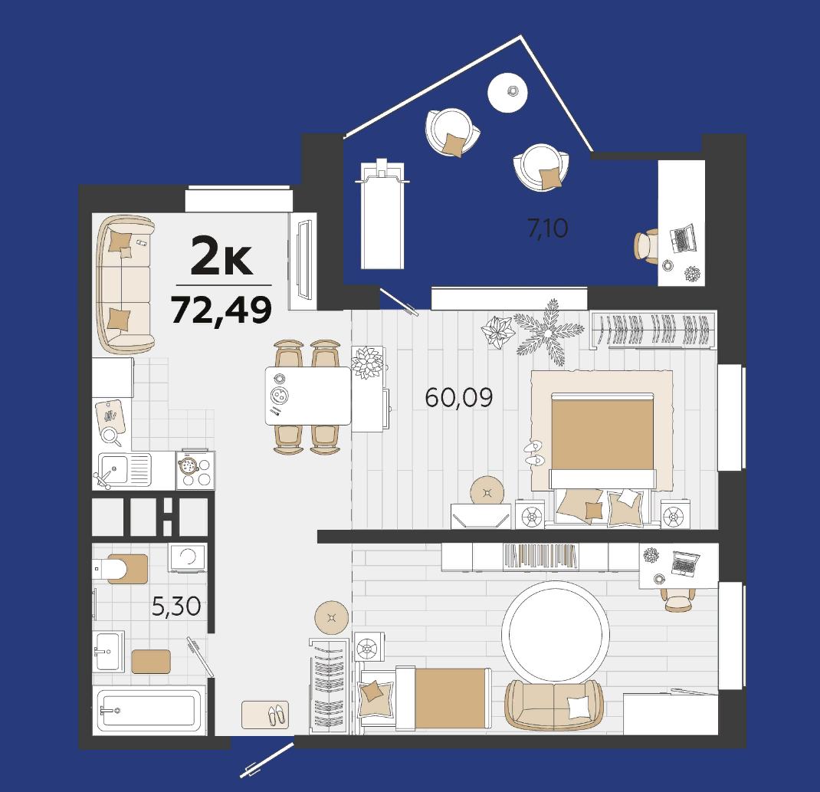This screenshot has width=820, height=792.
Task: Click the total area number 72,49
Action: click(221, 311)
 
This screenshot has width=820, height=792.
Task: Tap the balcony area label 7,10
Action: click(547, 228)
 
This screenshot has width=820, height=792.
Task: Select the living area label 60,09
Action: click(458, 398)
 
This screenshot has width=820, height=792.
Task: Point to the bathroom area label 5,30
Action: click(176, 606)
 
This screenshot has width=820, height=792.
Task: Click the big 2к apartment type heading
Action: click(221, 256)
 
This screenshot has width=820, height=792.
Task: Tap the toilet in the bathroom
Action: click(120, 569)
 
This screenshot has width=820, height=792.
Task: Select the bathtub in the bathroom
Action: click(149, 711)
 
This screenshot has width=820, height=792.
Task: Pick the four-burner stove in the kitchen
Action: click(195, 469)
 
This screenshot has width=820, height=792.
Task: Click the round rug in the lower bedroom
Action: click(556, 633)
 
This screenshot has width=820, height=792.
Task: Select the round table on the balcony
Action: click(507, 93)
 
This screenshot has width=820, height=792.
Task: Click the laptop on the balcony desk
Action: click(684, 239)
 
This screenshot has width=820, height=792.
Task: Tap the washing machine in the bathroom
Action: click(187, 557)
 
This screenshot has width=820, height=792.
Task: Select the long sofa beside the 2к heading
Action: click(125, 284)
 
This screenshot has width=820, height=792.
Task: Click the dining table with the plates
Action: click(308, 396)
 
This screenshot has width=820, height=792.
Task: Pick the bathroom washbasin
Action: click(109, 651)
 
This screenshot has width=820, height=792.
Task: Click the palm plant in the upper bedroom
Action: click(548, 333)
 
